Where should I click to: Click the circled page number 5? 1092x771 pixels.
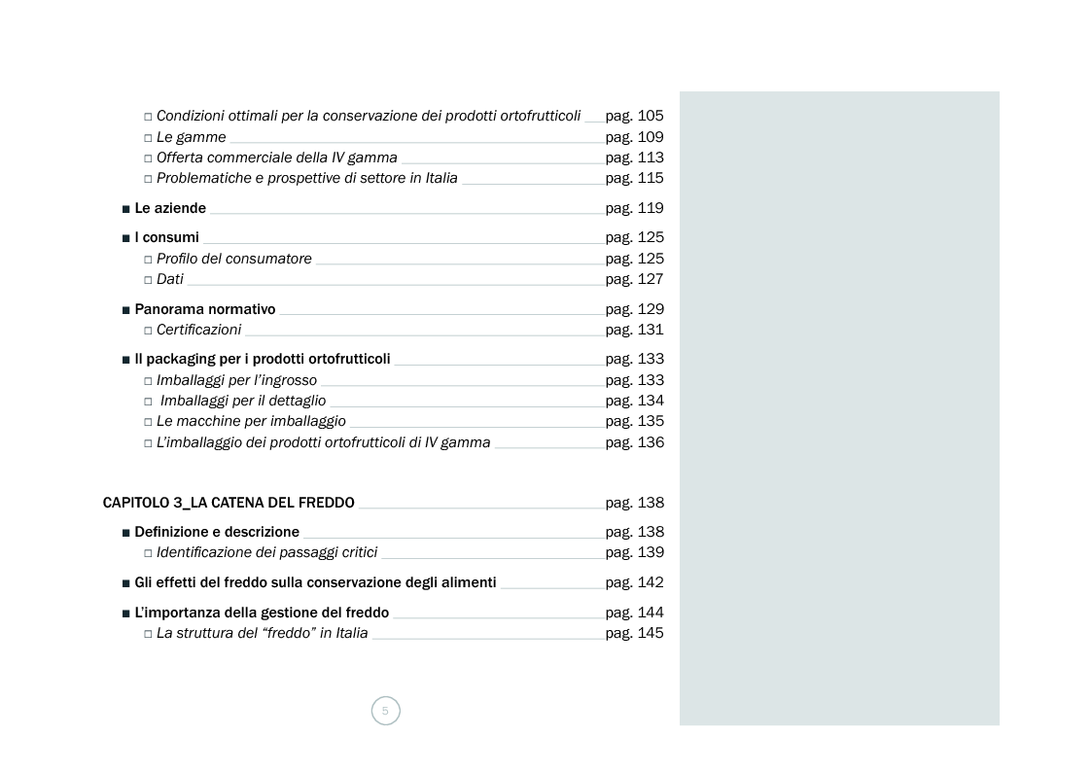point(385,711)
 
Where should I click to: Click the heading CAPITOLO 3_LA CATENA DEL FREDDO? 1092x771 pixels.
point(229,503)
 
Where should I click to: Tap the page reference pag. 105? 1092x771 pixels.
point(634,116)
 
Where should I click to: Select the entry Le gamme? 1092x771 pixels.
point(191,137)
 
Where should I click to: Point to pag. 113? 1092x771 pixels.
point(634,158)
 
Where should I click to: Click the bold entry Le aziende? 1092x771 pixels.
point(170,208)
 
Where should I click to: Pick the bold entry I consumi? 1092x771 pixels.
point(166,237)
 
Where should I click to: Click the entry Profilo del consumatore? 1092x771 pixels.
point(233,259)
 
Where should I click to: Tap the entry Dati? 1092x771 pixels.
point(169,279)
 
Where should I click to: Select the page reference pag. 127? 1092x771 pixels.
point(634,279)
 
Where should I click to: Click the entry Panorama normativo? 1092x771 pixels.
point(204,309)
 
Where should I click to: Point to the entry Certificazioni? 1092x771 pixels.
point(198,330)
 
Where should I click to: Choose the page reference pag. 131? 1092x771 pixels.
point(634,330)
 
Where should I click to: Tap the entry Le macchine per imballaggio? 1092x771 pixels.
point(251,421)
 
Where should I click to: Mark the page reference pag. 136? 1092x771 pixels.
point(634,442)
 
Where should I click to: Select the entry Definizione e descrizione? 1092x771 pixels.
point(217,532)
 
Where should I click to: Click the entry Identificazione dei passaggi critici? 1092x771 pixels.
point(266,552)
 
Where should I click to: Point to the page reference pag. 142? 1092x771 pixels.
point(634,582)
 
